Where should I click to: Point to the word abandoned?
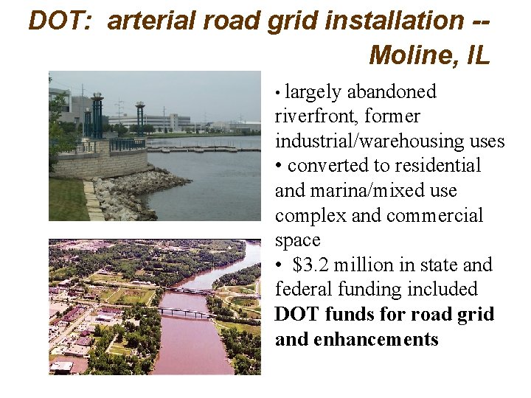point(391,92)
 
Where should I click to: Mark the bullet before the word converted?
point(280,166)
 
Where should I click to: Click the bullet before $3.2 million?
point(280,265)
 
